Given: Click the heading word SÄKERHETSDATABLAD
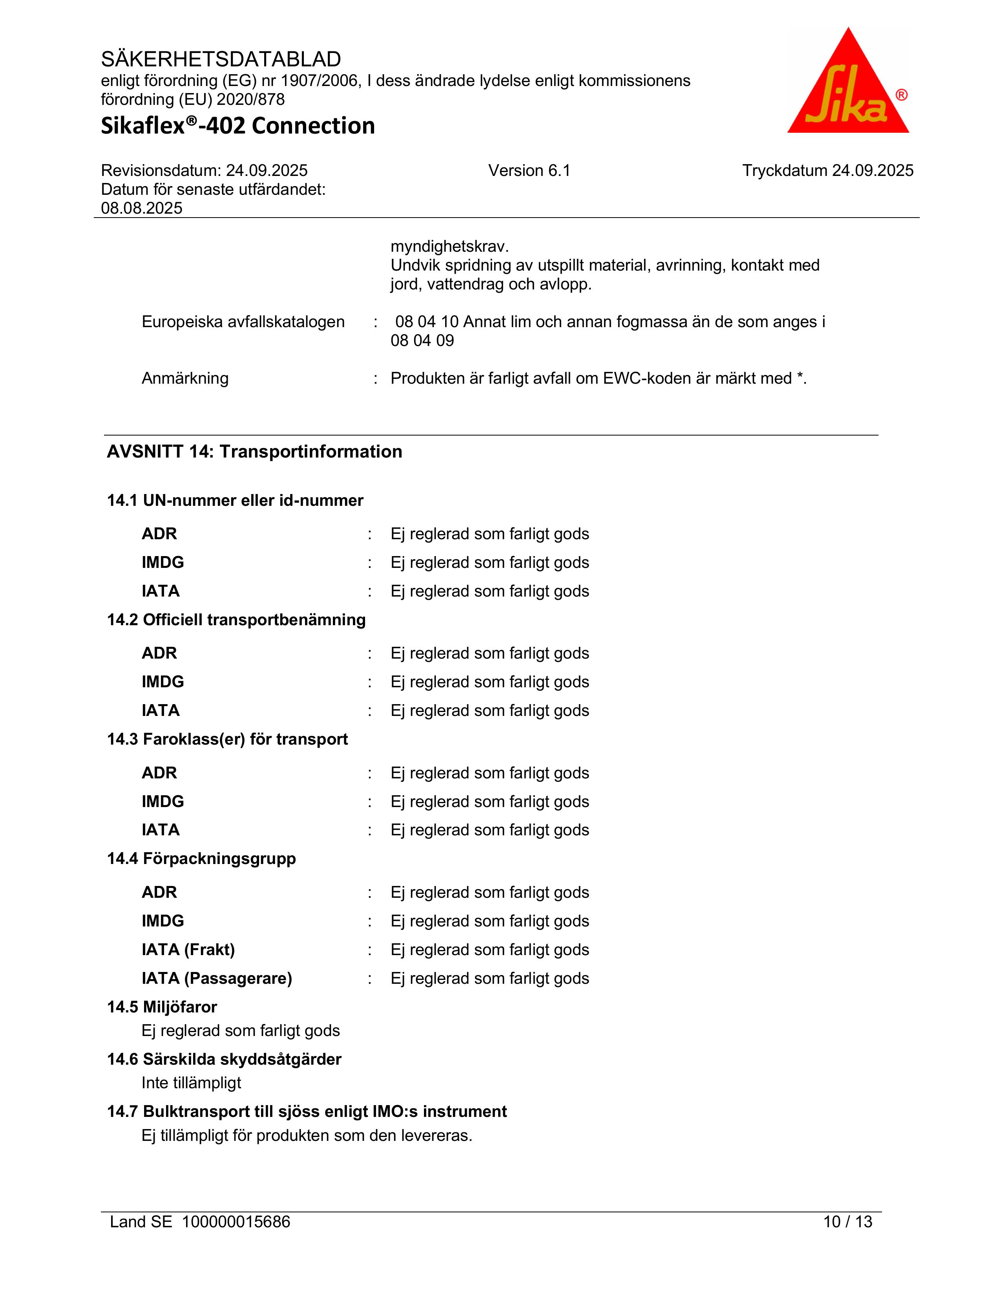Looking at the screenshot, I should pos(221,59).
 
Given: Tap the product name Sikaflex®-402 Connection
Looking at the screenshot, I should pos(238,126).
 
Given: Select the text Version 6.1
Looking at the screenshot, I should pos(529,171).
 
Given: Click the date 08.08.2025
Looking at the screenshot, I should pos(142,208).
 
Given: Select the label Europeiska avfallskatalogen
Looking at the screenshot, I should pos(243,322).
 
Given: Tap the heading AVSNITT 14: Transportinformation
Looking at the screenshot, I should pos(254,452).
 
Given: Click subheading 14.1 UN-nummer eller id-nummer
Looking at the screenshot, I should pos(235,500).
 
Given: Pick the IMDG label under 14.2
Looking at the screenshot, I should pos(163,681).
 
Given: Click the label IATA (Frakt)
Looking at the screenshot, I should pos(188,950).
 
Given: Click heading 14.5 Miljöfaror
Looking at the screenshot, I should pos(162,1007).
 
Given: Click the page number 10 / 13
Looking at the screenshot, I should pos(848,1221).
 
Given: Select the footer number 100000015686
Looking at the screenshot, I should pos(236,1221).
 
